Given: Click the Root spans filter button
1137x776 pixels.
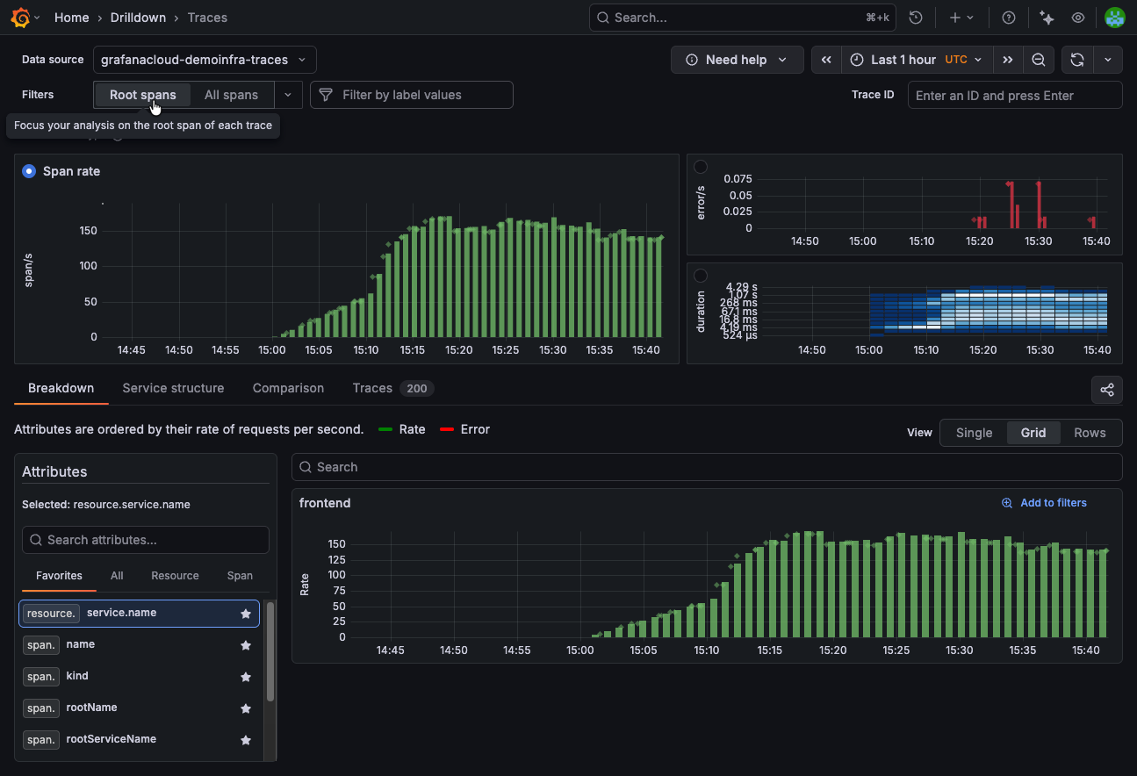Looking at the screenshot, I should click(x=142, y=95).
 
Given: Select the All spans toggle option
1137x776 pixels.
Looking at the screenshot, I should click(x=231, y=95).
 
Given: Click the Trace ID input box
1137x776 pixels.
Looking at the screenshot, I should click(x=1014, y=96).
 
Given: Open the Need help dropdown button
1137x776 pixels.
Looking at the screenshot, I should click(x=737, y=60).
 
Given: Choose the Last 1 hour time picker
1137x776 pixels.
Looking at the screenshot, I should click(x=917, y=60).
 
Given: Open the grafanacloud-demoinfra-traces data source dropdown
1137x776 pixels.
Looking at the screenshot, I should click(x=204, y=60).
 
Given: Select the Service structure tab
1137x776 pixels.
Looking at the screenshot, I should click(x=173, y=388).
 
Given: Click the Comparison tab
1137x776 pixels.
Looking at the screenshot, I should click(x=288, y=388).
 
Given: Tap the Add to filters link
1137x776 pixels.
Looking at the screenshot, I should click(x=1044, y=503).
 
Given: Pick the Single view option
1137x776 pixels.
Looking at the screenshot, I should click(x=974, y=433).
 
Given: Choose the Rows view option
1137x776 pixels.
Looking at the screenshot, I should click(x=1090, y=433).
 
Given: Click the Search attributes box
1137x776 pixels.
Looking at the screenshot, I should click(x=146, y=540).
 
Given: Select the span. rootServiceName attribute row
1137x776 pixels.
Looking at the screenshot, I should click(x=111, y=739).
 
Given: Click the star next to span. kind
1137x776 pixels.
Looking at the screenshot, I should click(x=246, y=677).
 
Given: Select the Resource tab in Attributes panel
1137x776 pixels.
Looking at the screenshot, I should click(x=175, y=576).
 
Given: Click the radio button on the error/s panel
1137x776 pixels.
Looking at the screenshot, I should click(x=701, y=167).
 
